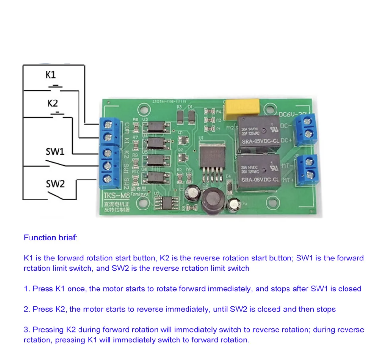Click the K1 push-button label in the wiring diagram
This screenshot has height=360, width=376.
click(x=50, y=75)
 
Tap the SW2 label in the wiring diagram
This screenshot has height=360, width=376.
click(x=55, y=183)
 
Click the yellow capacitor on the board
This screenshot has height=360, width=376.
click(x=242, y=107)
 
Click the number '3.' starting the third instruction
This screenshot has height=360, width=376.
click(x=27, y=330)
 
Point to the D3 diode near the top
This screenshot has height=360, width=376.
click(x=180, y=116)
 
